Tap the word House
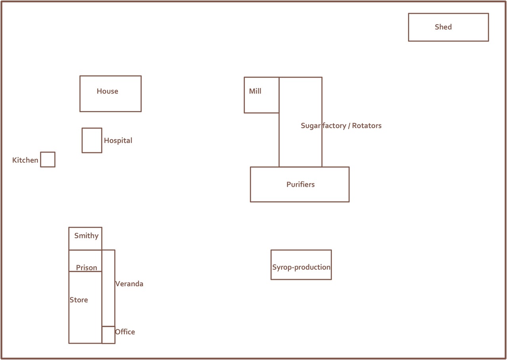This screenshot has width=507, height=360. click(107, 91)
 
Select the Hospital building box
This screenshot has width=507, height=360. click(92, 140)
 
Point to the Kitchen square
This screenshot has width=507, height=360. click(48, 159)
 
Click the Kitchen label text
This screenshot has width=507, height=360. click(25, 160)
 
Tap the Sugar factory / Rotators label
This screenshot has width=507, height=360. click(341, 126)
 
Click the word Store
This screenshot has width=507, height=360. click(79, 300)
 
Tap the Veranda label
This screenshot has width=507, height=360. click(129, 284)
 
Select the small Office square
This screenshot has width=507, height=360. click(108, 335)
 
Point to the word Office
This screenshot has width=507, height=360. click(125, 332)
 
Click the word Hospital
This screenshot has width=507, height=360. click(118, 141)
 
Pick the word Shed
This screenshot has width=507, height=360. click(443, 27)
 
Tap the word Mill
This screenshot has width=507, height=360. click(255, 91)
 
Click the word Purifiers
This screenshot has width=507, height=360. click(301, 184)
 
